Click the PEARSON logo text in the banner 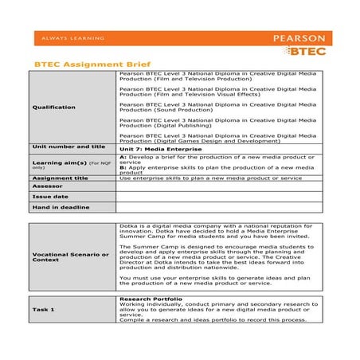pos(299,37)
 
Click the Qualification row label pos(54,107)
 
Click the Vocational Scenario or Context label pos(70,257)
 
